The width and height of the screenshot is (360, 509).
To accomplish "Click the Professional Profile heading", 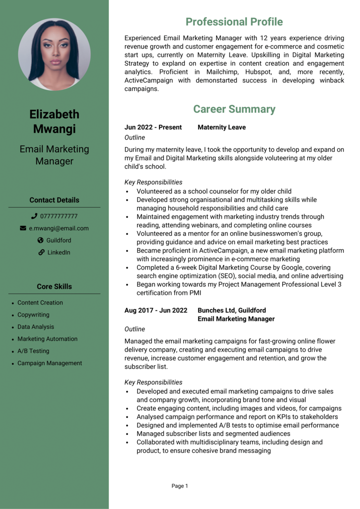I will (x=234, y=22).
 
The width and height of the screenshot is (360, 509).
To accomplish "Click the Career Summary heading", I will (x=234, y=109).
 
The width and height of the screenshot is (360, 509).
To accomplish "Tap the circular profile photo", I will (x=54, y=54).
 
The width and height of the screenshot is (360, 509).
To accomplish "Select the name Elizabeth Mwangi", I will (x=54, y=121).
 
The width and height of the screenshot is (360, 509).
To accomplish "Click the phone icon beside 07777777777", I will (x=34, y=216).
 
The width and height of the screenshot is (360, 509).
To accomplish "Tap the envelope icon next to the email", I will (x=23, y=228).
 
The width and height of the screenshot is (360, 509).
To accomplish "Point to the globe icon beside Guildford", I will (x=40, y=240).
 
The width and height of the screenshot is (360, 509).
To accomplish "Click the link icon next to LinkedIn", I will (x=41, y=252).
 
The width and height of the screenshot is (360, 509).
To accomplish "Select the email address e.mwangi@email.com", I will (x=59, y=228).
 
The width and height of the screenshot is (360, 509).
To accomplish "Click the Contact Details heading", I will (x=54, y=200).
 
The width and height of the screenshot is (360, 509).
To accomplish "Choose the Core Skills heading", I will (x=54, y=286).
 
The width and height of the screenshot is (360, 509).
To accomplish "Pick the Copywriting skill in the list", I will (x=33, y=315).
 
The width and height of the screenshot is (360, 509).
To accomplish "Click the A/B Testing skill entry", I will (x=33, y=351).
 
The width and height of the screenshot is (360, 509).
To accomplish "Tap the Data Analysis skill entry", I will (x=36, y=327).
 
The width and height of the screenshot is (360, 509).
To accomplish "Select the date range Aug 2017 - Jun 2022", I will (x=156, y=310).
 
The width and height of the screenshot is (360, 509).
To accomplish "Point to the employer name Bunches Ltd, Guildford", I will (x=232, y=310).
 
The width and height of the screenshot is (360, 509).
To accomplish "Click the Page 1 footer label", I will (x=180, y=486).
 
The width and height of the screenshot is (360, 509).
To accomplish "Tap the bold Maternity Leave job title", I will (x=222, y=127).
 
